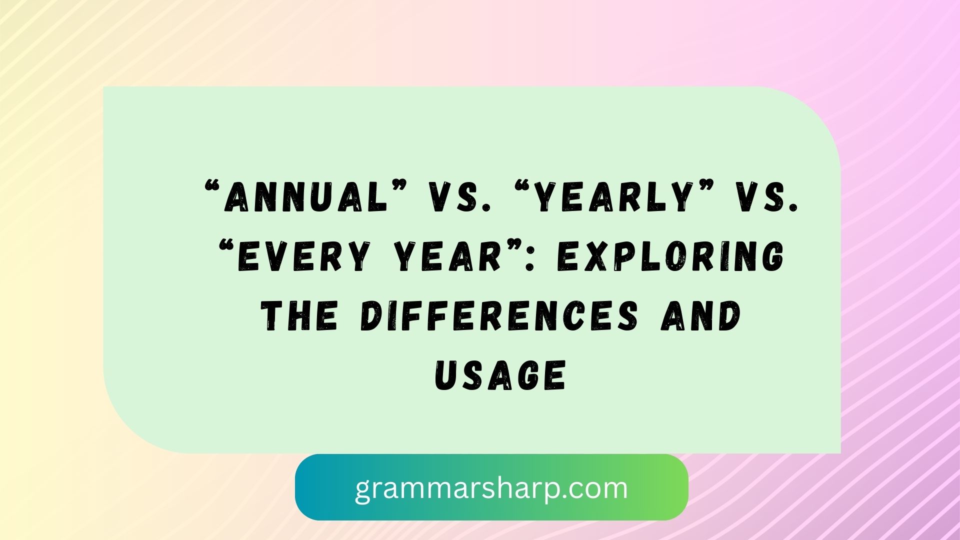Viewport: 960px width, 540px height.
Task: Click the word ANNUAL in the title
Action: [x=306, y=196]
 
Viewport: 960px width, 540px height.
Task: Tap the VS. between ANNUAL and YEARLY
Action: [x=454, y=196]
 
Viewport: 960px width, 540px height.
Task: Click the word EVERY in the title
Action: [x=303, y=256]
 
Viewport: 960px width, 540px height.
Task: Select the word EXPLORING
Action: [x=670, y=256]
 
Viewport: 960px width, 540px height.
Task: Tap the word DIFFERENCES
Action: [x=499, y=316]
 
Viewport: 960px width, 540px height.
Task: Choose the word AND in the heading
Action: [x=700, y=316]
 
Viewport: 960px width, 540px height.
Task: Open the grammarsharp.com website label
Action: [x=491, y=487]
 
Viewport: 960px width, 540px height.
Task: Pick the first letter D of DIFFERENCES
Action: [x=371, y=316]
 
